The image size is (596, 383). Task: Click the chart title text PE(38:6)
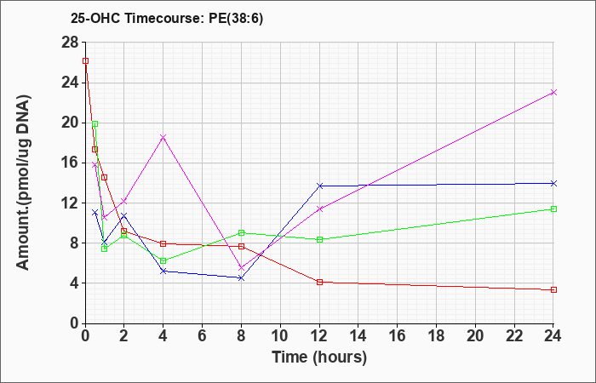pos(236,19)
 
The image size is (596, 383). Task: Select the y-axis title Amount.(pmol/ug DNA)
pos(24,182)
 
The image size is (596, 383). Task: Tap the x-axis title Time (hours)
pos(319,357)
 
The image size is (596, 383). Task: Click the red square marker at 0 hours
pos(85,60)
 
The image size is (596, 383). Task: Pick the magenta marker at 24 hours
pos(553,92)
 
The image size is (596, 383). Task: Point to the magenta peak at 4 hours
pos(163,137)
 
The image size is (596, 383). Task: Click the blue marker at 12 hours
pos(319,186)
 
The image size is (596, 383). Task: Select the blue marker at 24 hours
pos(553,184)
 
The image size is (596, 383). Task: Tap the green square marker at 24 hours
pos(553,209)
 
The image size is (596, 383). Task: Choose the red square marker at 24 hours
pos(553,290)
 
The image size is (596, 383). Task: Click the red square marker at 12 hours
pos(319,283)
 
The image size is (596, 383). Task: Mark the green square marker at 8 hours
pos(241,232)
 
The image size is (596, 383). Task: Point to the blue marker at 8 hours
pos(241,278)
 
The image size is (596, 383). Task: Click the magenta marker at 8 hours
pos(241,268)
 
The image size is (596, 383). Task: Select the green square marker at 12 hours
pos(319,240)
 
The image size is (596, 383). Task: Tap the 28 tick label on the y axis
pos(70,43)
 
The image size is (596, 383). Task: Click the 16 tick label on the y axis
pos(70,163)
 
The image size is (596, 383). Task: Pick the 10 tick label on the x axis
pos(280,336)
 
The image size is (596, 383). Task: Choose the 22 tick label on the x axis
pos(514,336)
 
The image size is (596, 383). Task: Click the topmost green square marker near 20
pos(95,124)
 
